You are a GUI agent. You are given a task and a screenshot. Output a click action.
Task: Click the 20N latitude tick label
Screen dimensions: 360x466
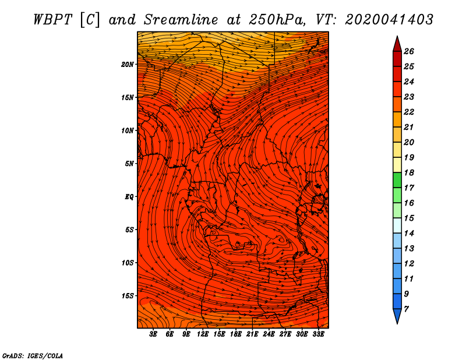pos(128,64)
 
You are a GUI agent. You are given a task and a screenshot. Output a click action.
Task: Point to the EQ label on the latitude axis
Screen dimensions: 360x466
pos(129,196)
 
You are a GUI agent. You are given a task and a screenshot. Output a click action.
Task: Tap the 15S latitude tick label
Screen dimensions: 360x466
pos(128,295)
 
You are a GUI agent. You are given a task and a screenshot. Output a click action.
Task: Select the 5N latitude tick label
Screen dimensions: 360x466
pos(129,163)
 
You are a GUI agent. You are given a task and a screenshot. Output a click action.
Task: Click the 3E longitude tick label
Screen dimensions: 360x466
pos(154,334)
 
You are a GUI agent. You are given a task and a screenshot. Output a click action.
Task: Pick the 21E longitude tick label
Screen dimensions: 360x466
pos(252,334)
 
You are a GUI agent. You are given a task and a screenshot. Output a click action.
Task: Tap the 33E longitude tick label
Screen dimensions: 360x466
pos(318,334)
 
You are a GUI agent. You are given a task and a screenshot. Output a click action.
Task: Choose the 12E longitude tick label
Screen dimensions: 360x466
pos(203,334)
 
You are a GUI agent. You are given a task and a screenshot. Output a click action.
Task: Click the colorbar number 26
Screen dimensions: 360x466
pos(408,51)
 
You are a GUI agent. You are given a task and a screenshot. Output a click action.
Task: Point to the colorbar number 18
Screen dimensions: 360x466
pos(408,172)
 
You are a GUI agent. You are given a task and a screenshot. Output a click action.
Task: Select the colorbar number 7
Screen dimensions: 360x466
pos(406,309)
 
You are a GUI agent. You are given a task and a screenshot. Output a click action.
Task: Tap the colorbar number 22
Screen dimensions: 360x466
pos(408,112)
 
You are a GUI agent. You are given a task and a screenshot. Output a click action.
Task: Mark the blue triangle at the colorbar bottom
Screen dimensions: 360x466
pos(397,316)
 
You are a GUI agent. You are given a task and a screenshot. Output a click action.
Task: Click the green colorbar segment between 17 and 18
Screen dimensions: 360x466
pos(397,180)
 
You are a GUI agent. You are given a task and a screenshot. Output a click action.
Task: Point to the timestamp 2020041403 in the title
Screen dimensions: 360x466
pos(389,19)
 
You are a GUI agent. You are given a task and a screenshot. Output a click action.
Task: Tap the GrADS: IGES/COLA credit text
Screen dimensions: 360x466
pos(33,355)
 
